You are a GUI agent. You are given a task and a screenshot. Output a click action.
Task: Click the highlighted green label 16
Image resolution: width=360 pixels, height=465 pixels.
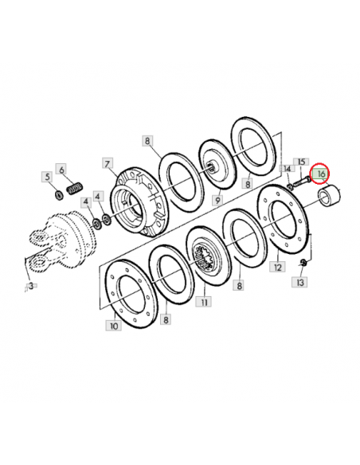321,174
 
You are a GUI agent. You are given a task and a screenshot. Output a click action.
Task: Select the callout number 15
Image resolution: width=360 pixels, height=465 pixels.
301,162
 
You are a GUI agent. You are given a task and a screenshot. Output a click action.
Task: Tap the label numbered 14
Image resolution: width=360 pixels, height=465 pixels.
288,169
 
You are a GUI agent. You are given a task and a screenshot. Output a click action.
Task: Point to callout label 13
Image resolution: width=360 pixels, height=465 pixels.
299,282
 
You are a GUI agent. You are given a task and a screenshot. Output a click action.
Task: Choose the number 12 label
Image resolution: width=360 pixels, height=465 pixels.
277,268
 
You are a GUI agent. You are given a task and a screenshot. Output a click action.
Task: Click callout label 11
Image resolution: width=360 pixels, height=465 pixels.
204,302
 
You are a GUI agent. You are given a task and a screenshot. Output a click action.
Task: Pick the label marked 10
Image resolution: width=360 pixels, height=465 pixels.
114,326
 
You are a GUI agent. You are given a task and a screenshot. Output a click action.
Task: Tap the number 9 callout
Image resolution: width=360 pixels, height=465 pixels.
218,201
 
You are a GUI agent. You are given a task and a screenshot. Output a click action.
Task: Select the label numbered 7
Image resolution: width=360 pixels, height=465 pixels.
108,163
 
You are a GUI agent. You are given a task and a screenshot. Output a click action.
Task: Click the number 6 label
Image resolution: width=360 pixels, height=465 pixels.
61,170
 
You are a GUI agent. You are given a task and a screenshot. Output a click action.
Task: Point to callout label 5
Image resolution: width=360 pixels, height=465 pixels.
47,177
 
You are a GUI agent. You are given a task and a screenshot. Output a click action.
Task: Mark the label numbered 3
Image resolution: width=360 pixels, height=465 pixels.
30,286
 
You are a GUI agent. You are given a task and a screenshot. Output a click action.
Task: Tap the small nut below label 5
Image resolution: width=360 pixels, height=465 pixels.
60,195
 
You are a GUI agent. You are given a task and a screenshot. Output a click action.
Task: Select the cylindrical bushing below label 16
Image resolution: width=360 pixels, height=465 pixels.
329,195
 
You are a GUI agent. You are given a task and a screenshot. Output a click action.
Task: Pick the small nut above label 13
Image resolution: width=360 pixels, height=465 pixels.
303,262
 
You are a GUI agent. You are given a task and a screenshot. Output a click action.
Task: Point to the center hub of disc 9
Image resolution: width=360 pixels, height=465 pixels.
213,166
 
